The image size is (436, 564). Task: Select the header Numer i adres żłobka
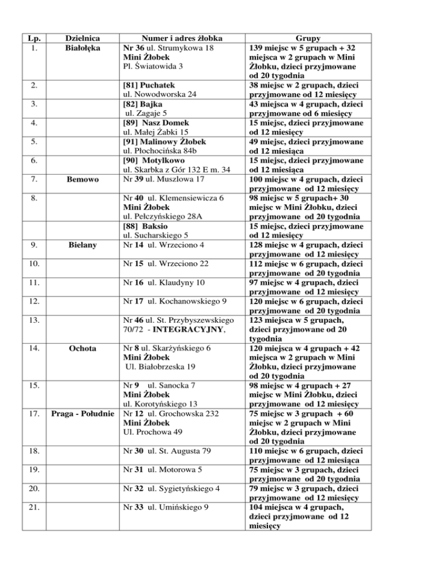pos(173,39)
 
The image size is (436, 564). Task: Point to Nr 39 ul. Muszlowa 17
pos(166,180)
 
